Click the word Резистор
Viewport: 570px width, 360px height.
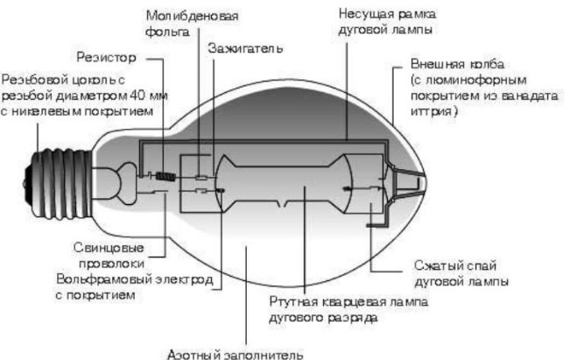tap(106, 58)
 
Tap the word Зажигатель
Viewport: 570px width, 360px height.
tap(245, 48)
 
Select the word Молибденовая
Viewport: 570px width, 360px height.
tap(192, 16)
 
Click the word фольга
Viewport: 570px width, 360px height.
tap(167, 32)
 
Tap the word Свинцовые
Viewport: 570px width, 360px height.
tap(109, 248)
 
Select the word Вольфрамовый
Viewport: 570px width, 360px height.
tap(104, 279)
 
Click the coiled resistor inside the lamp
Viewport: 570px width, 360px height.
tap(165, 177)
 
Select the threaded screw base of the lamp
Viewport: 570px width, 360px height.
tap(58, 184)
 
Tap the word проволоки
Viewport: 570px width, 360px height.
tap(111, 264)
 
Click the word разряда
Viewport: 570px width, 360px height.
tap(352, 318)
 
